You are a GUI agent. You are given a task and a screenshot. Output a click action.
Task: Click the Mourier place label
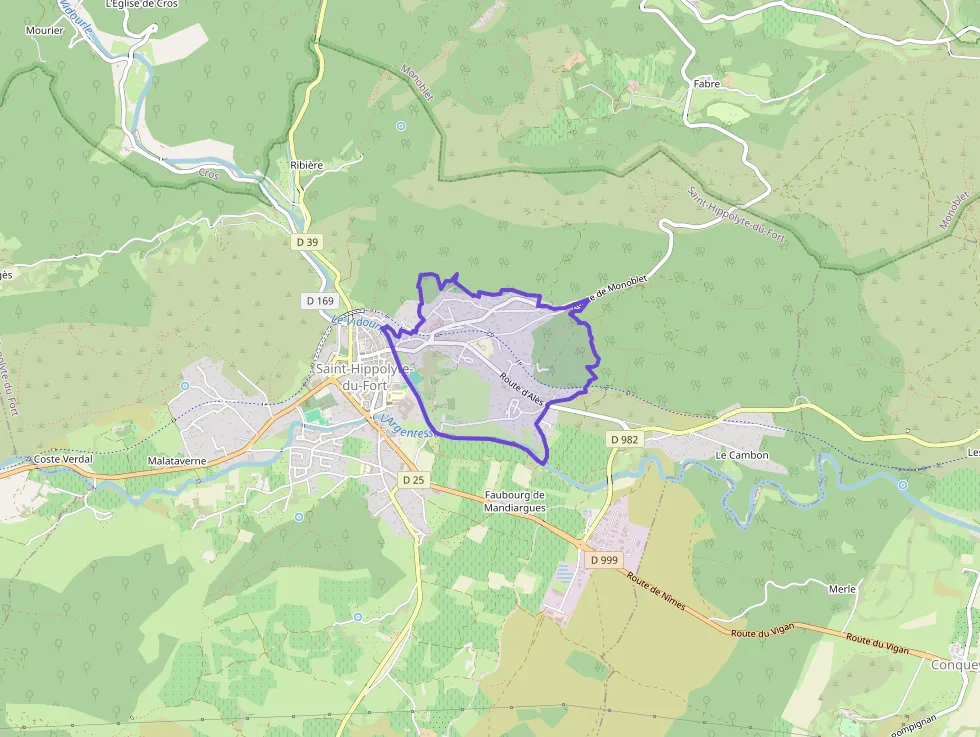click(x=46, y=30)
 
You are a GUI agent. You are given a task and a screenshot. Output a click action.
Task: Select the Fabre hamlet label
click(x=706, y=84)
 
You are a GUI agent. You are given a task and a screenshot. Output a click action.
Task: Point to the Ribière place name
click(x=306, y=165)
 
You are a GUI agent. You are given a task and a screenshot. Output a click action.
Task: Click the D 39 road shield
click(x=307, y=242)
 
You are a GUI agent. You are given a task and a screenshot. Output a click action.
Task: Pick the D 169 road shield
click(x=320, y=300)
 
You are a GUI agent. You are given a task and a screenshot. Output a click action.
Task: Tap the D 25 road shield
click(x=413, y=480)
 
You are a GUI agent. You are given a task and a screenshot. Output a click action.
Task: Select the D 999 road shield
click(x=604, y=560)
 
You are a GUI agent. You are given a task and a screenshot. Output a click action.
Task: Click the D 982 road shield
click(x=623, y=439)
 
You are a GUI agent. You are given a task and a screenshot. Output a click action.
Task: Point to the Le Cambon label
click(x=741, y=455)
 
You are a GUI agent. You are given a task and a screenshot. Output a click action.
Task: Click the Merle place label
click(x=842, y=589)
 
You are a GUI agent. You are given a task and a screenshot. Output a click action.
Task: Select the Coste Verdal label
click(x=63, y=459)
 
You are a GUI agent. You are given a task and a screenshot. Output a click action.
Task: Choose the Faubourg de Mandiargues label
click(x=514, y=500)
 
